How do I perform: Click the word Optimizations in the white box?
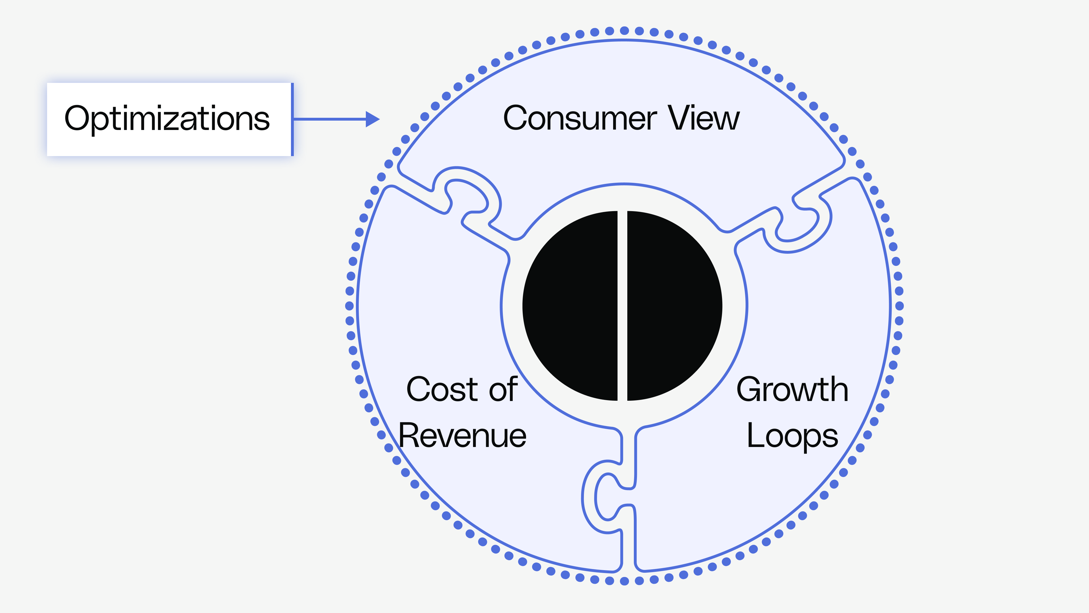pyautogui.click(x=167, y=119)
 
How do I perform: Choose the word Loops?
pyautogui.click(x=792, y=436)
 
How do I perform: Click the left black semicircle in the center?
pyautogui.click(x=571, y=305)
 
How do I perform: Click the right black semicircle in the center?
pyautogui.click(x=674, y=305)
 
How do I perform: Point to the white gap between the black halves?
pyautogui.click(x=622, y=305)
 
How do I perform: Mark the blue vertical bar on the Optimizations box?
pyautogui.click(x=292, y=119)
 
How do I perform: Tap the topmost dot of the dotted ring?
pyautogui.click(x=624, y=30)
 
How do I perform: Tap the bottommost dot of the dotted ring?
pyautogui.click(x=624, y=581)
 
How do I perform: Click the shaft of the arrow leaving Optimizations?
pyautogui.click(x=330, y=119)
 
